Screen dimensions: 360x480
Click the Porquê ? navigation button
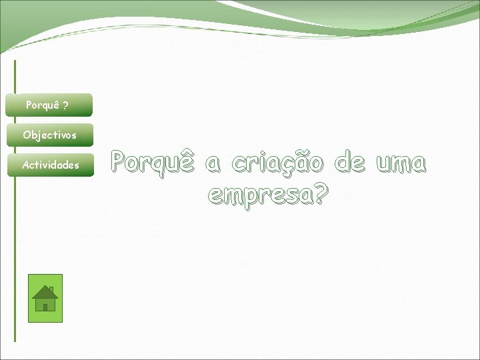pyautogui.click(x=48, y=105)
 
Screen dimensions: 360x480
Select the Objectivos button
pyautogui.click(x=49, y=135)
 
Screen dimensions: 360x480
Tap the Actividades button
pyautogui.click(x=49, y=165)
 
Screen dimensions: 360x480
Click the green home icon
pyautogui.click(x=45, y=298)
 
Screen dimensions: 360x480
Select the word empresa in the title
pyautogui.click(x=260, y=195)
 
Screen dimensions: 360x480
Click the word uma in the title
pyautogui.click(x=400, y=163)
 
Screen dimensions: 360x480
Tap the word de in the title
pyautogui.click(x=350, y=163)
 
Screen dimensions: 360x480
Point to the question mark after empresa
pyautogui.click(x=321, y=193)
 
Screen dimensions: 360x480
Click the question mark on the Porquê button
pyautogui.click(x=65, y=105)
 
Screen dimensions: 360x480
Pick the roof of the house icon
pyautogui.click(x=45, y=291)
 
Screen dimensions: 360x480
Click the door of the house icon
pyautogui.click(x=45, y=307)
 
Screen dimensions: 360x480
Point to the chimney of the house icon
pyautogui.click(x=52, y=289)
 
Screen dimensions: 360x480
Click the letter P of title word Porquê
pyautogui.click(x=119, y=161)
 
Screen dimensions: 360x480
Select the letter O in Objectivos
pyautogui.click(x=27, y=135)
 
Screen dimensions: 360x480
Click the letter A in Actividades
pyautogui.click(x=25, y=165)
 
